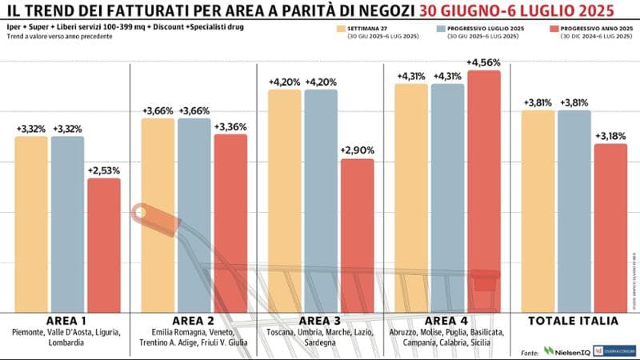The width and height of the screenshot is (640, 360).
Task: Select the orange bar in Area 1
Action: (31, 224)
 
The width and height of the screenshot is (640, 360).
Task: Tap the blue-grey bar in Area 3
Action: (320, 200)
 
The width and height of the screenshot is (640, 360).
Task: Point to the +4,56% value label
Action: (484, 62)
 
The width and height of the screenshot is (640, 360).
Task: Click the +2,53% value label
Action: (104, 170)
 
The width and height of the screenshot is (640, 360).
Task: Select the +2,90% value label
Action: (357, 150)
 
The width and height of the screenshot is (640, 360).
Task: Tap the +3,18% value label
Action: (610, 135)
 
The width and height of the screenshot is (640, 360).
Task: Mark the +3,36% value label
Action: (230, 126)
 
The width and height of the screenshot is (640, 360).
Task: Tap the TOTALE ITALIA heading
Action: (574, 320)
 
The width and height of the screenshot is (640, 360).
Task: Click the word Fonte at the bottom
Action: (529, 351)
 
